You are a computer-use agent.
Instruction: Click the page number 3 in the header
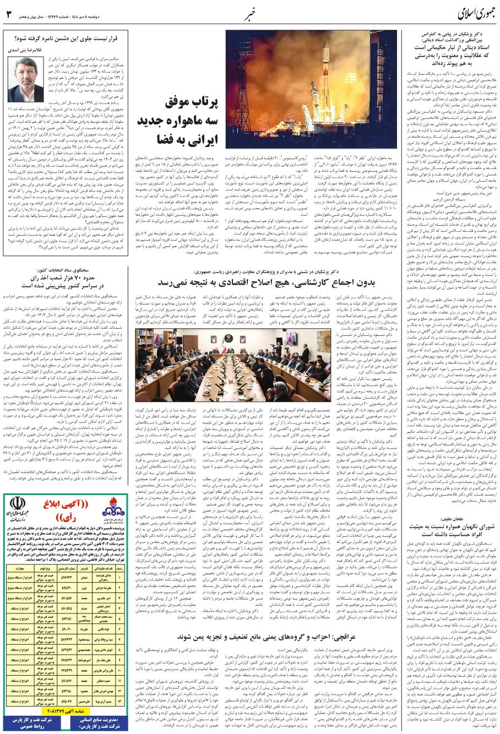(9, 12)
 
